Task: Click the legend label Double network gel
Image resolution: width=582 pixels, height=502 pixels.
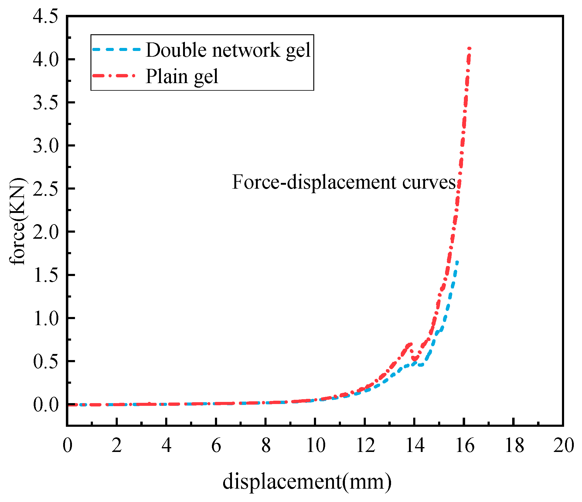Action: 228,50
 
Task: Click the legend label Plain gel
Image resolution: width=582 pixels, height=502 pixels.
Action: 182,76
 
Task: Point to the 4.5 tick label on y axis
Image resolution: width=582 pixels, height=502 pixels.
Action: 46,16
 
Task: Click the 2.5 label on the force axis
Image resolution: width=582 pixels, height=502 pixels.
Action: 46,189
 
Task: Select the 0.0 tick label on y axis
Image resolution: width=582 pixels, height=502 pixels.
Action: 46,405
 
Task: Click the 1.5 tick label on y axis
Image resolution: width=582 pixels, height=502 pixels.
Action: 46,275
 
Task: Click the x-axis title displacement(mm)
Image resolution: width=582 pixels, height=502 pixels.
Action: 307,481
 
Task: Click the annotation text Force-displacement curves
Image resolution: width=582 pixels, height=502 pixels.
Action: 344,182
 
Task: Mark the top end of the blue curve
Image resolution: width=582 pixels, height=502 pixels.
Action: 457,262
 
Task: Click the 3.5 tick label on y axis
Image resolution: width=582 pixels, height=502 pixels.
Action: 46,103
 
